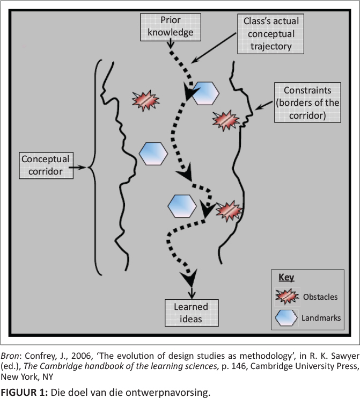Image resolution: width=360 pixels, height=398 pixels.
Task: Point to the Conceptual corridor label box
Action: coord(45,166)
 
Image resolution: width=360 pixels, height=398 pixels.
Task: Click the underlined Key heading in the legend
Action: coord(286,278)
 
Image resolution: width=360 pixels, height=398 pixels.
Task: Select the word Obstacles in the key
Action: coord(320,297)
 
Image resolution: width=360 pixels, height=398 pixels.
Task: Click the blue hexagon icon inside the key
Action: coord(288,318)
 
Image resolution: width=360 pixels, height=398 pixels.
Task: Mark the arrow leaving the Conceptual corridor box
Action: coord(78,168)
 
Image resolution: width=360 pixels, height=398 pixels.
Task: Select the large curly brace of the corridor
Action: coord(95,167)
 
